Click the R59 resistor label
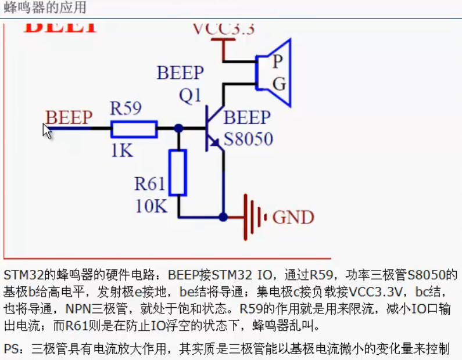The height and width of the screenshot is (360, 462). click(x=126, y=109)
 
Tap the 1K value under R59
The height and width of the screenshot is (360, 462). click(x=122, y=150)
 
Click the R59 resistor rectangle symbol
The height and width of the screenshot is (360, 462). click(x=134, y=129)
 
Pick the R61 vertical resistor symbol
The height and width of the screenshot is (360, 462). click(x=178, y=172)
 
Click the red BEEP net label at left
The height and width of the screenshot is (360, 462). click(x=69, y=118)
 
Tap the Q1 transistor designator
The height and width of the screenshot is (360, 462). click(x=191, y=96)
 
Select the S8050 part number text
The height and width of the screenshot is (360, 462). click(x=248, y=139)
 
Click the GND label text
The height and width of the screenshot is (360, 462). click(x=293, y=218)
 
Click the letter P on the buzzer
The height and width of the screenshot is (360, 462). click(x=278, y=62)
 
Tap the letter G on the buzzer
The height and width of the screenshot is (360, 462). click(x=279, y=84)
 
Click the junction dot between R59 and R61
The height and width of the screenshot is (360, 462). click(x=178, y=128)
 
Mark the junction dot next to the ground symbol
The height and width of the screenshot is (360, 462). click(x=223, y=217)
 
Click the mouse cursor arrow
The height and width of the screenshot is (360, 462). click(x=47, y=131)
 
